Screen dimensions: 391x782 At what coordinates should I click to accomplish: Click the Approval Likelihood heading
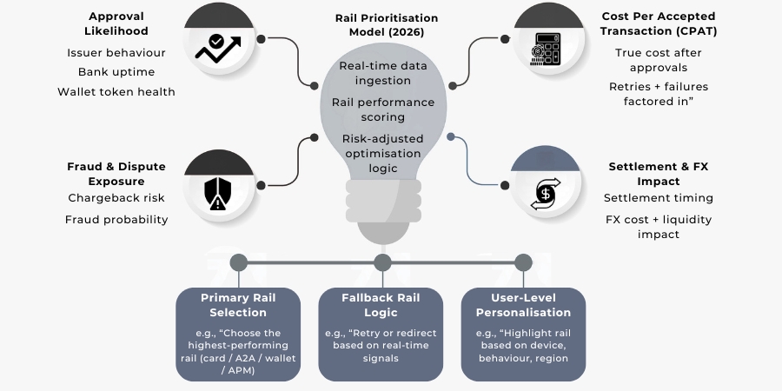pyautogui.click(x=116, y=24)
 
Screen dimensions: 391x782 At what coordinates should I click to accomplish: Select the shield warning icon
pyautogui.click(x=217, y=193)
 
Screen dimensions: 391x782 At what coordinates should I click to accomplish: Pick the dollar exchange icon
pyautogui.click(x=546, y=191)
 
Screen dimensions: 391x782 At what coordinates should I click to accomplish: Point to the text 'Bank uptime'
pyautogui.click(x=116, y=72)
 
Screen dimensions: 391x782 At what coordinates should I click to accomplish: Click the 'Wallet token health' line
pyautogui.click(x=116, y=91)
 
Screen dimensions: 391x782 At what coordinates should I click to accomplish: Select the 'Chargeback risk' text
pyautogui.click(x=116, y=198)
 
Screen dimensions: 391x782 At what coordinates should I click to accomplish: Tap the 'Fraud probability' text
pyautogui.click(x=116, y=219)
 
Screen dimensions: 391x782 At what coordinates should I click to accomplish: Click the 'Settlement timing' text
pyautogui.click(x=658, y=198)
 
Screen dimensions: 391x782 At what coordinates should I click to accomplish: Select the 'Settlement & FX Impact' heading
pyautogui.click(x=658, y=173)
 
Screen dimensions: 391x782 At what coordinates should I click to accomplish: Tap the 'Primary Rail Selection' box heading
pyautogui.click(x=238, y=304)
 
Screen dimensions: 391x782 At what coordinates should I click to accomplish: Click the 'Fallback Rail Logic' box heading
pyautogui.click(x=381, y=304)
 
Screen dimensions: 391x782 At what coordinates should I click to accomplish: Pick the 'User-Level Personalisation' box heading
pyautogui.click(x=523, y=304)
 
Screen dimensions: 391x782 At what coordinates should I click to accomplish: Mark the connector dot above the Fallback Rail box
pyautogui.click(x=381, y=262)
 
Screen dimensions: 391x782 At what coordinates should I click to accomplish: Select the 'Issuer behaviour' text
pyautogui.click(x=116, y=52)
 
